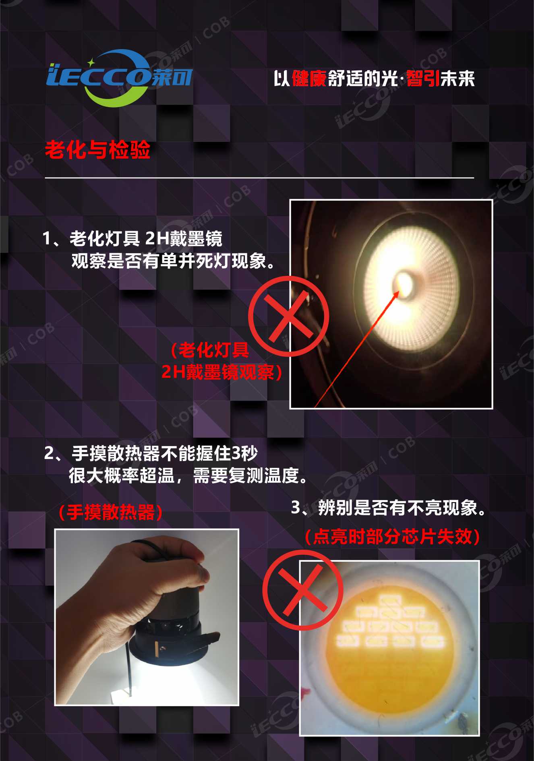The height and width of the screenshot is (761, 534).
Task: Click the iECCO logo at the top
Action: pos(119,77)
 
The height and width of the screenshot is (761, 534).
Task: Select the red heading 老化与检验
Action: pos(97,150)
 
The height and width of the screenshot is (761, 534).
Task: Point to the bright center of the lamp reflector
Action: pos(404,283)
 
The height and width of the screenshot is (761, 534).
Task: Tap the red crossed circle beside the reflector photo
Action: pos(288,316)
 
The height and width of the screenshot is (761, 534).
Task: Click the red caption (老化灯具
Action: pos(210,350)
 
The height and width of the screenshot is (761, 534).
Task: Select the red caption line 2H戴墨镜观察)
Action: pos(221,372)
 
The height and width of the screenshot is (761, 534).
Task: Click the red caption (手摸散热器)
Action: pos(110,513)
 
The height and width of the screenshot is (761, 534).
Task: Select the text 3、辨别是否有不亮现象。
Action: pos(388,508)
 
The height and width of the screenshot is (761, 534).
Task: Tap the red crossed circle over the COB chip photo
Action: pos(303,590)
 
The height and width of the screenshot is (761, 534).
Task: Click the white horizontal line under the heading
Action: pos(259,178)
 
